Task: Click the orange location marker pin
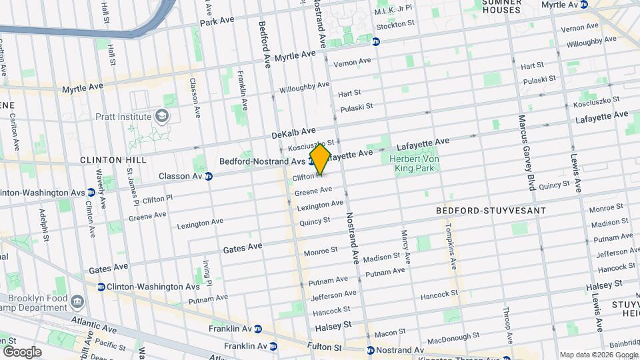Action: (x=320, y=159)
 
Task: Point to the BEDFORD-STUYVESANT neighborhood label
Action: (x=491, y=211)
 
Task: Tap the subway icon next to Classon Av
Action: (x=209, y=177)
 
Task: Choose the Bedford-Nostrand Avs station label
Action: (x=263, y=161)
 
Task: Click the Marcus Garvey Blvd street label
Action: (x=527, y=153)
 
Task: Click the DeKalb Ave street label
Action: (x=293, y=133)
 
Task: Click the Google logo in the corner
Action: (x=22, y=351)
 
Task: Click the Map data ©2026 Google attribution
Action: (x=597, y=355)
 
